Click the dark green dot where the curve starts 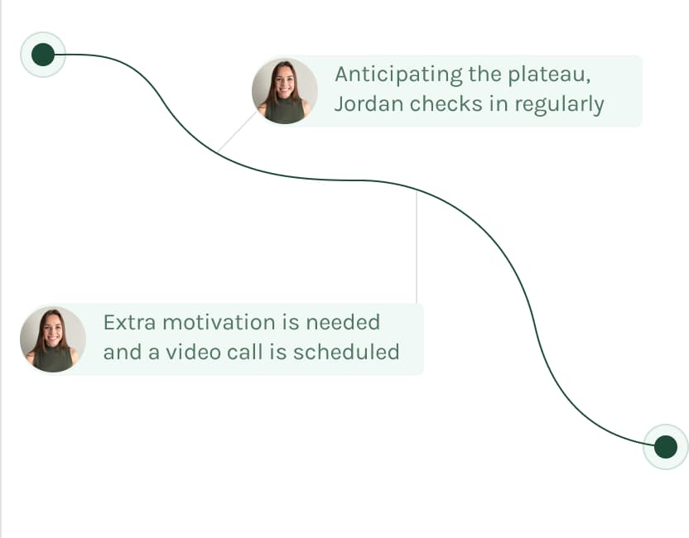43,55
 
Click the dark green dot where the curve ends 666,447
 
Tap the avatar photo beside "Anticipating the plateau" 285,91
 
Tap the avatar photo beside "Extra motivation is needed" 53,339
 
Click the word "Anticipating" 398,74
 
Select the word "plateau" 549,74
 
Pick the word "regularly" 559,105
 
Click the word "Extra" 130,322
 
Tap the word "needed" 343,322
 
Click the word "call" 246,353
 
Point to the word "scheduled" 346,353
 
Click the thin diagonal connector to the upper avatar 238,132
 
